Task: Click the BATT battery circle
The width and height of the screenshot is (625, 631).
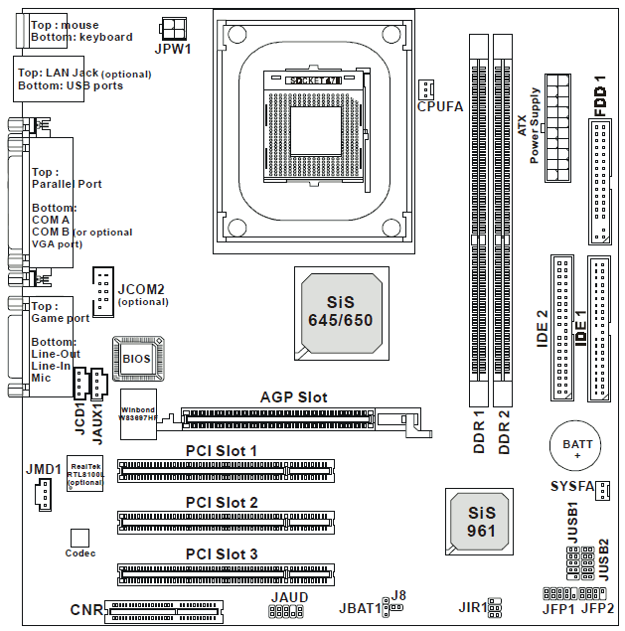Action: (x=572, y=446)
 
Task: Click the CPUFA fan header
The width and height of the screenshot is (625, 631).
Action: (x=426, y=86)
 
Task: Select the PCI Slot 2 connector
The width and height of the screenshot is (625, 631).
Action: (x=227, y=520)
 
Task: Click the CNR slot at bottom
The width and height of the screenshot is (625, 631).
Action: (x=164, y=608)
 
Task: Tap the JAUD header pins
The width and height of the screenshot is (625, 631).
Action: (x=288, y=611)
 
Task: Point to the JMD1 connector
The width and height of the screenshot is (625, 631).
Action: (x=41, y=493)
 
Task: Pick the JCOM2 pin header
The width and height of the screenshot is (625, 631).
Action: (x=103, y=289)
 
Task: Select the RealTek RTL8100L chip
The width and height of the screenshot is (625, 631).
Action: (x=85, y=473)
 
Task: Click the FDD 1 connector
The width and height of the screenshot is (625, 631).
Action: (x=601, y=180)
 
